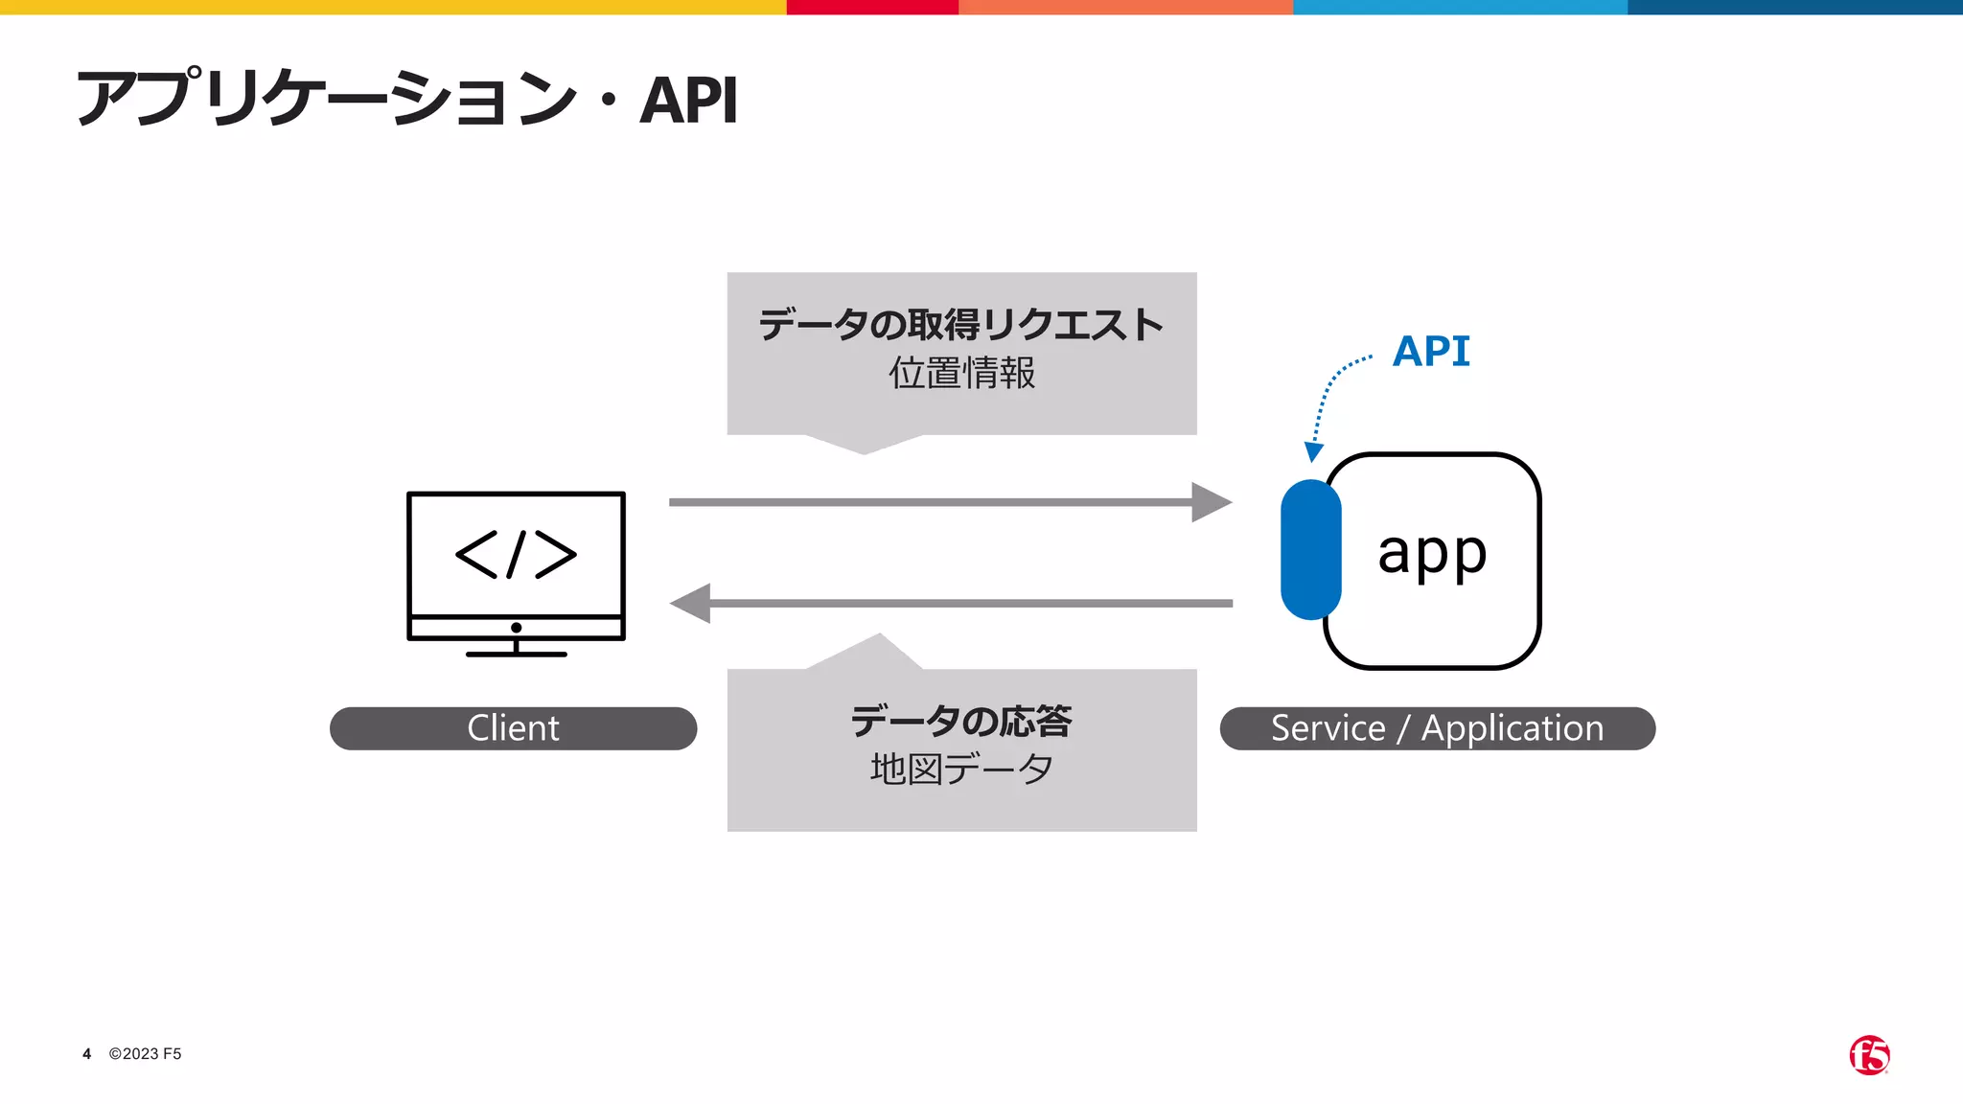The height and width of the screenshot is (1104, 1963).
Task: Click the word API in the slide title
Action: click(688, 100)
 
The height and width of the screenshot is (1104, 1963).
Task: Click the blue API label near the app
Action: click(1430, 351)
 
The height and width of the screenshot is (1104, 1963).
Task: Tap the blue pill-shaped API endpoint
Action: click(1310, 550)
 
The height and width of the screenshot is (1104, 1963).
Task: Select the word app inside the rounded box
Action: click(1432, 554)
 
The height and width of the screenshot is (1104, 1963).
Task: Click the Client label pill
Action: click(513, 728)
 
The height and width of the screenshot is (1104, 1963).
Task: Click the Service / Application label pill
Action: click(1437, 728)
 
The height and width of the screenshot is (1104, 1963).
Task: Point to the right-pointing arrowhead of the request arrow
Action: click(1211, 502)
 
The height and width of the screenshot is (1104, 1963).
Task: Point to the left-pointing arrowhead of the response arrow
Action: click(690, 604)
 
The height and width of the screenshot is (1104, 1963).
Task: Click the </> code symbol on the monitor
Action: click(516, 554)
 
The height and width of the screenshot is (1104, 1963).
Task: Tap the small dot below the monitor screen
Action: click(516, 628)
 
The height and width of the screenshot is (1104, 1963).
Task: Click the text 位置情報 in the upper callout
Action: click(961, 373)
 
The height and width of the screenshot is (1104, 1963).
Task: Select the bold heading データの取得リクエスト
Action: click(961, 325)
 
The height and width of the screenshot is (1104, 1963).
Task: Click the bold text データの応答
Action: click(961, 721)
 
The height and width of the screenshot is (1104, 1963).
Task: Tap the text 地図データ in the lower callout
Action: click(961, 769)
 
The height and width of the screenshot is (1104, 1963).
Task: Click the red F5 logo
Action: click(1869, 1055)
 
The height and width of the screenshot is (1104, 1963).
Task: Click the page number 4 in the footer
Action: click(86, 1054)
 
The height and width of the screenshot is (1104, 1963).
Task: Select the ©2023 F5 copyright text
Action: click(145, 1054)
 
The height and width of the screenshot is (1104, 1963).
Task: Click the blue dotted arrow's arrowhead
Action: click(1314, 452)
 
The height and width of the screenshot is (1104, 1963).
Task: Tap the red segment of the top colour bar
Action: click(872, 7)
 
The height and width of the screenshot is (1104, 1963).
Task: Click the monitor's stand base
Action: click(516, 655)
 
